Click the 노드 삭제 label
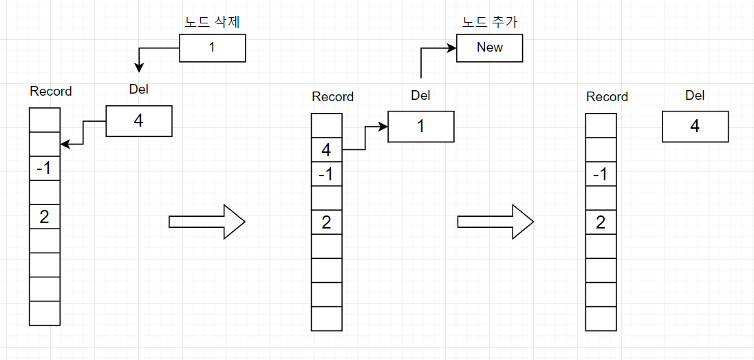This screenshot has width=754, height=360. (212, 21)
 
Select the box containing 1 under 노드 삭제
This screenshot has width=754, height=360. (212, 47)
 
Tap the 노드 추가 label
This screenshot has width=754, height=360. (489, 21)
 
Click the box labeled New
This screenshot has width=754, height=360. (489, 47)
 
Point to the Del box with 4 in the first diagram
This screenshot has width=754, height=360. (138, 121)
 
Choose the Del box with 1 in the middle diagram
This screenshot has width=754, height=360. (420, 127)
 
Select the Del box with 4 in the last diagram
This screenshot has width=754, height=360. (695, 127)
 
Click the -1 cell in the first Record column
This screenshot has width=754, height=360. (45, 169)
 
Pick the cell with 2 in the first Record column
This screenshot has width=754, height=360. (45, 217)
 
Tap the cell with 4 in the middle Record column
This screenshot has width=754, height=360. (326, 150)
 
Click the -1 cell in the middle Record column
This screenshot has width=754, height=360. (326, 174)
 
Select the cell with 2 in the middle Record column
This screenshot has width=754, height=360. (326, 222)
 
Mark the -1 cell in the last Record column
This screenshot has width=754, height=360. (601, 174)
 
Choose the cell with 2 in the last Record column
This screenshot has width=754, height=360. (601, 222)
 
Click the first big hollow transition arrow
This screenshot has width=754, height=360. (206, 221)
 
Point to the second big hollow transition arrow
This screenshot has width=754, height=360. (495, 221)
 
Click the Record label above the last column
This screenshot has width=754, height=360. (607, 97)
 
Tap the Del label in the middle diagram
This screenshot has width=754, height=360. (420, 96)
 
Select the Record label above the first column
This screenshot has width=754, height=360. (51, 92)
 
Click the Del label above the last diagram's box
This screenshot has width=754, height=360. (695, 96)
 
